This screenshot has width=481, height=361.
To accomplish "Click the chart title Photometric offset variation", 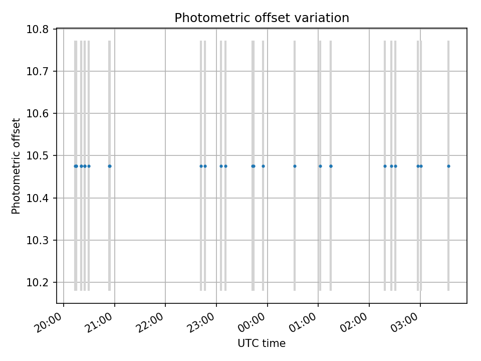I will (262, 18).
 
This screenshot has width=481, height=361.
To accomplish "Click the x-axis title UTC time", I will (262, 343).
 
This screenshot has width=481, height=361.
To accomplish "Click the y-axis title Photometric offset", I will (16, 166).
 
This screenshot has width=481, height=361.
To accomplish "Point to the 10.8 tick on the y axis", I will (38, 29).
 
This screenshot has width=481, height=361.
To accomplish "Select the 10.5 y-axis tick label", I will (38, 156).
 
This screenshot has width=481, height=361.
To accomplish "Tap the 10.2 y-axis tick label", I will (38, 283).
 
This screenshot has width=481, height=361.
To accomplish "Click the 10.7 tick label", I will (38, 71).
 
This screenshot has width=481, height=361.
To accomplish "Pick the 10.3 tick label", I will (38, 241).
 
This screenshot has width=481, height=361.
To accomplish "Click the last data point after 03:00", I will (448, 166).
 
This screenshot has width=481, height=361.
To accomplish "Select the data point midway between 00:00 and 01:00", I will (295, 166).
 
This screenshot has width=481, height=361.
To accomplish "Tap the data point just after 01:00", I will (320, 166).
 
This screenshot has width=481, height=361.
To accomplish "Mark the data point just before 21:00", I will (109, 166).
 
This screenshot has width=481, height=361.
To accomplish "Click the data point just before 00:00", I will (263, 166).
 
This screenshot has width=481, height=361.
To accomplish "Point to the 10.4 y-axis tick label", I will (38, 198).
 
